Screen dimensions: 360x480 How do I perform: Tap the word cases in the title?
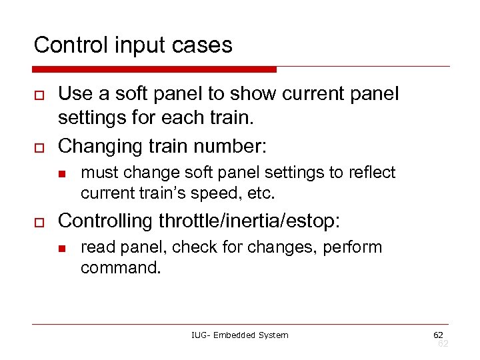pyautogui.click(x=201, y=45)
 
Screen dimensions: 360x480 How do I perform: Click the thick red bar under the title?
pyautogui.click(x=155, y=69)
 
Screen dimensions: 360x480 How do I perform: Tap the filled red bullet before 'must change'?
pyautogui.click(x=60, y=175)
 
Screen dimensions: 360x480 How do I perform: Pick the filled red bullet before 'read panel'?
pyautogui.click(x=60, y=249)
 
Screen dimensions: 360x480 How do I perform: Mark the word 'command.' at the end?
pyautogui.click(x=120, y=268)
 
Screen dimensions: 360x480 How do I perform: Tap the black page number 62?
pyautogui.click(x=438, y=334)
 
